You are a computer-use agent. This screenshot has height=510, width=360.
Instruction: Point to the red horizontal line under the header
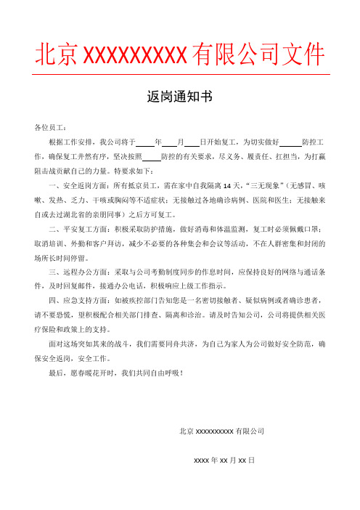[179, 73]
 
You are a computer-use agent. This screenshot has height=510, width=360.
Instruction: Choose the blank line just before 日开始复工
[192, 142]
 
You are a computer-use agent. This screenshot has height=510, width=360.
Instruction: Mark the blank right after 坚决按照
[151, 155]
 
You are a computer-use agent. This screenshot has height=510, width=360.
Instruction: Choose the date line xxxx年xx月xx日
[224, 461]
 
